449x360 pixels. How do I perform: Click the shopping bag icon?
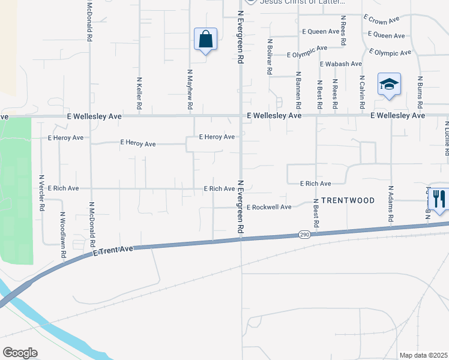(205, 40)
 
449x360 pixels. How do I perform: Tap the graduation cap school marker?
(389, 85)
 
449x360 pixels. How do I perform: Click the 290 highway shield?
(304, 235)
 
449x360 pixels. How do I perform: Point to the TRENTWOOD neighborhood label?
(348, 200)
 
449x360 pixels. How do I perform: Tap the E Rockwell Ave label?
(269, 207)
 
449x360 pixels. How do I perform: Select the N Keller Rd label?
(139, 92)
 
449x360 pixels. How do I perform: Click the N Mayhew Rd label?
(190, 89)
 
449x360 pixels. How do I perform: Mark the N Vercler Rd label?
(41, 193)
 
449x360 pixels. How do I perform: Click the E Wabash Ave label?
(341, 64)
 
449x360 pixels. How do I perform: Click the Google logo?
(20, 353)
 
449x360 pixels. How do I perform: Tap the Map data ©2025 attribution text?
(423, 355)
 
